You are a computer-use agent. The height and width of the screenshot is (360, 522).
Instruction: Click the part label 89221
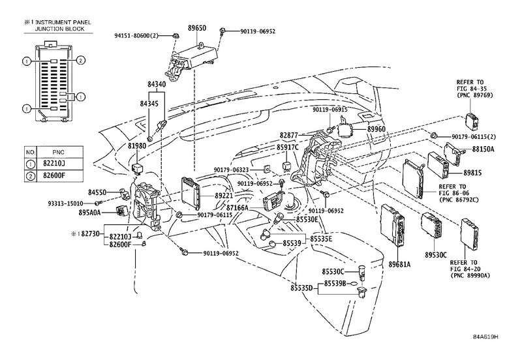225,195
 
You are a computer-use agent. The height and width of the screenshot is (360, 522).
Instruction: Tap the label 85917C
287,147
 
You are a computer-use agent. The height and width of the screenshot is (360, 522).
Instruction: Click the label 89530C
437,254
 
